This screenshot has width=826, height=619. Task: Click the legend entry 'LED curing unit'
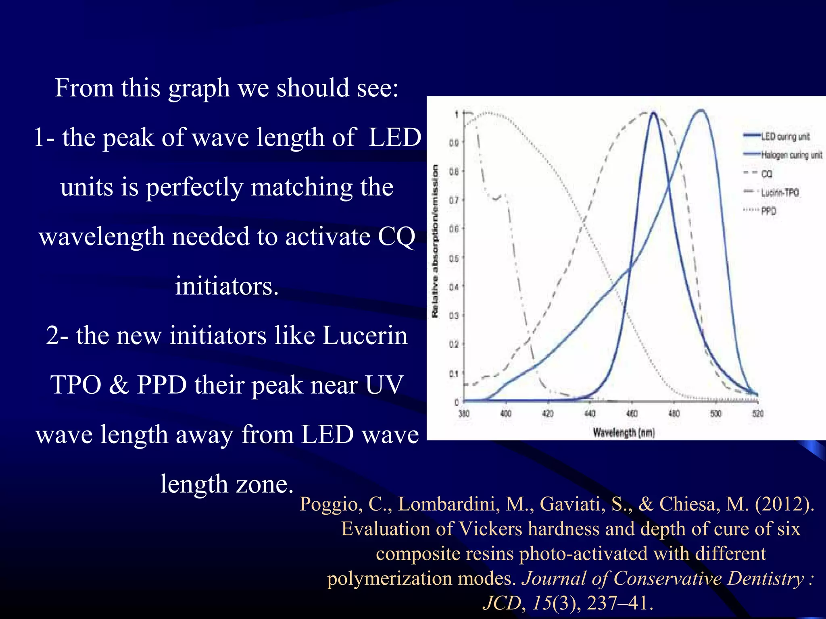click(x=785, y=136)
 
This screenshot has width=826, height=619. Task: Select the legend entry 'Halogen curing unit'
click(x=791, y=155)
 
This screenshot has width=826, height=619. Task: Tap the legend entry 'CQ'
click(x=766, y=174)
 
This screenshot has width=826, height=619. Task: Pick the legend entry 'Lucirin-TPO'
click(x=780, y=192)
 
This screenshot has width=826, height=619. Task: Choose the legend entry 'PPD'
click(x=768, y=211)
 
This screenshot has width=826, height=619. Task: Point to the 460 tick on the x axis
click(x=632, y=413)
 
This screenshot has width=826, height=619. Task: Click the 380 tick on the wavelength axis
click(x=464, y=413)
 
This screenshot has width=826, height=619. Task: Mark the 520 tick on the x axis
click(x=758, y=413)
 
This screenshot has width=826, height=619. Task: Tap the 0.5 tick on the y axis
click(x=454, y=258)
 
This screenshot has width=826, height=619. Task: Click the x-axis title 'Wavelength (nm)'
click(x=624, y=433)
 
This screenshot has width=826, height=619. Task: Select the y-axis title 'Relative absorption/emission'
click(x=435, y=241)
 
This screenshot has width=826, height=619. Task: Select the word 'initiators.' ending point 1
click(x=227, y=286)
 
